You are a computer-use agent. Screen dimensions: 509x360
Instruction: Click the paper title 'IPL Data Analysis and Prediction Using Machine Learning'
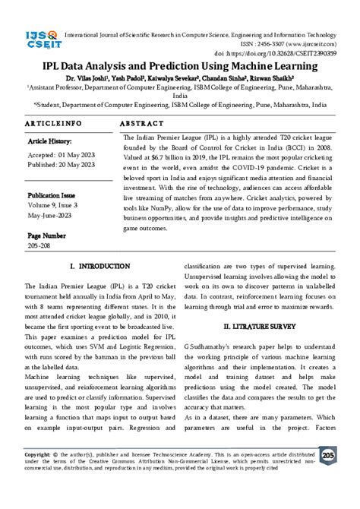(180, 66)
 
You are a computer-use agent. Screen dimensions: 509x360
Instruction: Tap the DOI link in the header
(274, 54)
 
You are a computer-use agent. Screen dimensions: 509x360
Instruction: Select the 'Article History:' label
(52, 141)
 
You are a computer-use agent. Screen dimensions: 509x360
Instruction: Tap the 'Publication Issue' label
(55, 194)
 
